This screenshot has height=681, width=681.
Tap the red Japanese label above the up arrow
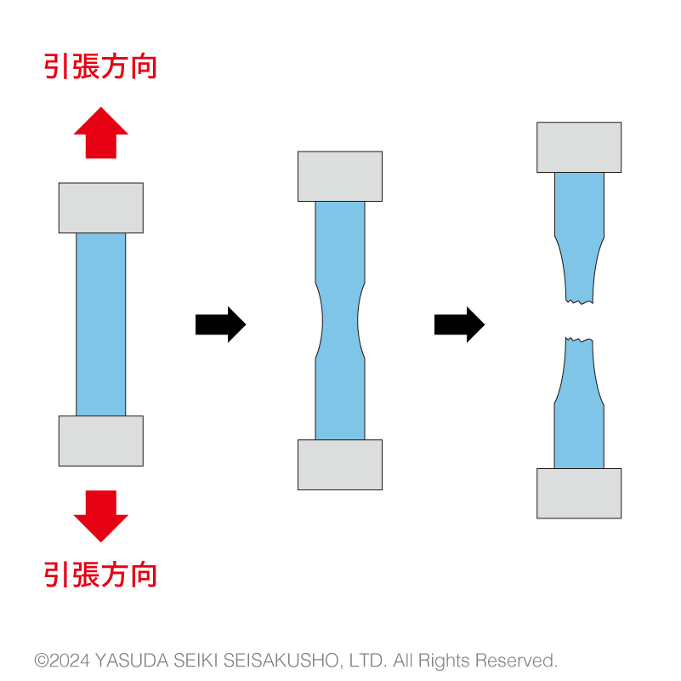click(x=101, y=66)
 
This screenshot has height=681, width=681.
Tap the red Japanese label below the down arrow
click(x=101, y=575)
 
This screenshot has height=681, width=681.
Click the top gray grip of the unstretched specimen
click(x=101, y=208)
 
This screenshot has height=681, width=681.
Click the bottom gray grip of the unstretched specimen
click(x=101, y=441)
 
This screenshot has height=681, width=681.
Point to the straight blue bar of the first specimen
click(x=101, y=324)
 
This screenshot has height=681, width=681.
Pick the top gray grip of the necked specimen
click(x=340, y=176)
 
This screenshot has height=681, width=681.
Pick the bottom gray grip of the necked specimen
click(x=340, y=464)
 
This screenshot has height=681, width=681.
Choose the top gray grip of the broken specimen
click(x=579, y=147)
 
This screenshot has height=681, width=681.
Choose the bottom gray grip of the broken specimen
click(x=579, y=493)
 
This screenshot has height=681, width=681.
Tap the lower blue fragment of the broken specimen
click(x=579, y=409)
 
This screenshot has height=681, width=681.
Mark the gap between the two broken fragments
click(x=579, y=321)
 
